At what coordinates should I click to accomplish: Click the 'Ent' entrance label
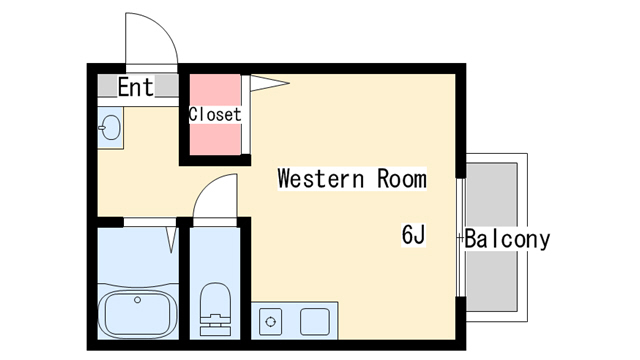136,87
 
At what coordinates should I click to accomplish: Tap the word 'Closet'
215,114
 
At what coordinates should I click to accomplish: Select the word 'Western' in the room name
320,179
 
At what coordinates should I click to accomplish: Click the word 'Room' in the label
402,179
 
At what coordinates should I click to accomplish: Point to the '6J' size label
413,235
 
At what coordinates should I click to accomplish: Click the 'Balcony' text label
507,239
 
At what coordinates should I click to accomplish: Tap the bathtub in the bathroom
138,313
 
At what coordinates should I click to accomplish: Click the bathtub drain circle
138,300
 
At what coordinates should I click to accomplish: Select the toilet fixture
215,309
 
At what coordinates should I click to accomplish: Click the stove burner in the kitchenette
270,322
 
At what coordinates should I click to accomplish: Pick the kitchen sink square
315,322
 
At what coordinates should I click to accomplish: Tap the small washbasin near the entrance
110,127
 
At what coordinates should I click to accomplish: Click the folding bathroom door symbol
172,240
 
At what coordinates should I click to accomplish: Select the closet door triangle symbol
269,83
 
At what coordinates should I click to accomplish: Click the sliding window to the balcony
461,238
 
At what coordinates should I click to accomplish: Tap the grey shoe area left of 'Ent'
107,85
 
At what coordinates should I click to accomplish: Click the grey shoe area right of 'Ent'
167,85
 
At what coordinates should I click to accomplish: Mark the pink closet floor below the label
215,139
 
